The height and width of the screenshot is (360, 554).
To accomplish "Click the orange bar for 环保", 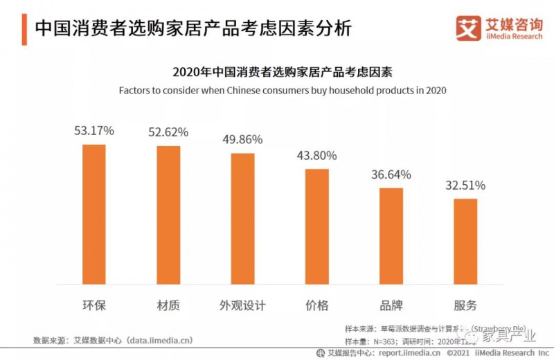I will click(93, 215).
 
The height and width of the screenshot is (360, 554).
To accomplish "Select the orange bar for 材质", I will click(168, 215).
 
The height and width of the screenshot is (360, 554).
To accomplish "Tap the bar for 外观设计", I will click(242, 219).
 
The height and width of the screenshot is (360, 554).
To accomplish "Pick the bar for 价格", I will click(316, 226).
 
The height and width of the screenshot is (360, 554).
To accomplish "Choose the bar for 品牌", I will click(391, 236).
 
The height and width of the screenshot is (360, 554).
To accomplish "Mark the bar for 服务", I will click(465, 242).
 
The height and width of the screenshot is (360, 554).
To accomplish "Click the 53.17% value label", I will click(94, 130).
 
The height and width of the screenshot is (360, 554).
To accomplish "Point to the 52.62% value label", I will click(168, 132).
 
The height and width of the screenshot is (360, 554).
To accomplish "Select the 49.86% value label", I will click(242, 139).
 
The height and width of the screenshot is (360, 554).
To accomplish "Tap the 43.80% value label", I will click(316, 155).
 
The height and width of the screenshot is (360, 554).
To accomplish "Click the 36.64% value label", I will click(391, 174).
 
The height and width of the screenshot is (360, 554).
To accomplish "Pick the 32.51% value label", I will click(465, 186).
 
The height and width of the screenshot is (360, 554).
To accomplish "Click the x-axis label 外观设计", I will click(242, 305).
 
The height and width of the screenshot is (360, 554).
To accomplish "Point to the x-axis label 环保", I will click(93, 305).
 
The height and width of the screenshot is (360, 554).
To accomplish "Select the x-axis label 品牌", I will click(391, 305).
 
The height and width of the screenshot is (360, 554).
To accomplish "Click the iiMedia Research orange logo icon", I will click(468, 28).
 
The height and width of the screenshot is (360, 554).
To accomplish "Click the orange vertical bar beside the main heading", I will click(24, 28).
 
